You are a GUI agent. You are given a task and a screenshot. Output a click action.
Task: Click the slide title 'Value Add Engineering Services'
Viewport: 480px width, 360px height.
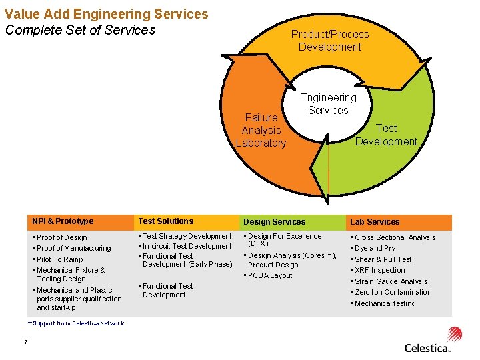coord(107,14)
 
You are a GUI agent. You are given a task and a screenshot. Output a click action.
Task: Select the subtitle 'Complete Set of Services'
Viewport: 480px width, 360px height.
coord(80,30)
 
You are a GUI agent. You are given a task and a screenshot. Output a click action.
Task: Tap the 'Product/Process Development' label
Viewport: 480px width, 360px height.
coord(329,40)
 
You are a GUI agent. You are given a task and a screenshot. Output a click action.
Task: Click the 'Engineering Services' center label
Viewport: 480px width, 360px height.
coord(328,104)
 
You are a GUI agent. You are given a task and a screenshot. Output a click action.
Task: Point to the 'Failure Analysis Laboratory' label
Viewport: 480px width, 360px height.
coord(261,130)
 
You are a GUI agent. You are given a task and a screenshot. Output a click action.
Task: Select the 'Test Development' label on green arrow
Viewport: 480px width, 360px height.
coord(386,135)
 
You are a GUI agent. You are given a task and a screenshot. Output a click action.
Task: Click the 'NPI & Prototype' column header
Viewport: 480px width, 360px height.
coord(63,221)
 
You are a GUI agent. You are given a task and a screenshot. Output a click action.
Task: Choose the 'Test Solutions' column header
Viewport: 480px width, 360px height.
coord(165,221)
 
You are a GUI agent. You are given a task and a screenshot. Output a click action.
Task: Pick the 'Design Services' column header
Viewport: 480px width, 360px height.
coord(274,222)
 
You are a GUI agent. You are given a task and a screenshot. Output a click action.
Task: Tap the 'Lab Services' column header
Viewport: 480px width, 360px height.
coord(375,222)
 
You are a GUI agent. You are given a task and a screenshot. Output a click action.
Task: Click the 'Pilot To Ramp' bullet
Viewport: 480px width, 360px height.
coord(60,259)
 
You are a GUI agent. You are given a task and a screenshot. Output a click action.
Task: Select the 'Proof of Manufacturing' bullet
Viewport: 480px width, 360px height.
coord(74,248)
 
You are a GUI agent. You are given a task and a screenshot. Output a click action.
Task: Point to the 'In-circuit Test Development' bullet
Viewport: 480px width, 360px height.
coord(187,246)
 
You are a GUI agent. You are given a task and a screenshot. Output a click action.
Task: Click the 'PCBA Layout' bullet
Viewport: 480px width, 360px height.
coord(271,275)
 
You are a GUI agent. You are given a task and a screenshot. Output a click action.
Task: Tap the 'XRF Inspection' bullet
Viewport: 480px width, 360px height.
coord(379,270)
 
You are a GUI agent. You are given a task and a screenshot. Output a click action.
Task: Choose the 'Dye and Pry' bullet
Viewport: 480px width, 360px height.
coord(375,248)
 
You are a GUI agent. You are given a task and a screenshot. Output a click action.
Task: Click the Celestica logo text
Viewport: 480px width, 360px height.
coord(427,347)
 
